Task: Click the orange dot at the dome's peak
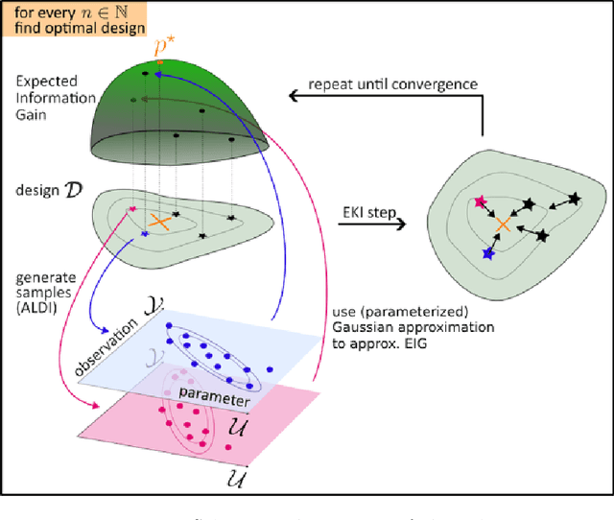(x=159, y=63)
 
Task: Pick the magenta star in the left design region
(x=130, y=209)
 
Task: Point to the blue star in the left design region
(x=144, y=233)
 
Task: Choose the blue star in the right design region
(x=488, y=253)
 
